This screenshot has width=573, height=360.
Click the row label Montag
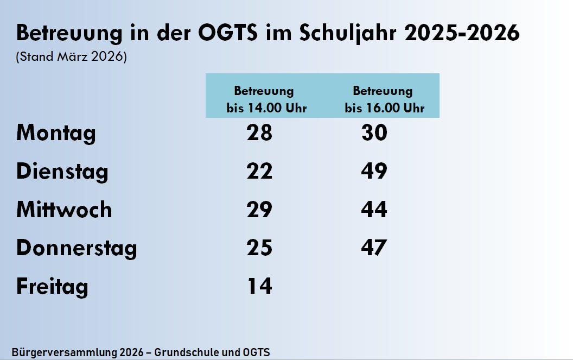point(56,133)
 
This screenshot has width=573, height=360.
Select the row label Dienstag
point(62,172)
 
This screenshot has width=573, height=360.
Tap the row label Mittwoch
point(64,210)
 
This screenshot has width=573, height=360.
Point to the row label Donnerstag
point(77,248)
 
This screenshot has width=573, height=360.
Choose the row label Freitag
point(52,287)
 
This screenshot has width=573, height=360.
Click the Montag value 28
point(259,133)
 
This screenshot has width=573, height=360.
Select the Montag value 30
point(374,133)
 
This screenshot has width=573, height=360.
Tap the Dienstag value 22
point(259,172)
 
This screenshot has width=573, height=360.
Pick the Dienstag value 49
point(374,172)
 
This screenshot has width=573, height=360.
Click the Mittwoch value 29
point(259,210)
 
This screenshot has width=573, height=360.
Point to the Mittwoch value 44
point(374,210)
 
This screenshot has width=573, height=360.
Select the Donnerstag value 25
point(259,248)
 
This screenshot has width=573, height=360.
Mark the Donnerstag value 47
point(374,248)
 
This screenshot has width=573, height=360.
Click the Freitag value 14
point(259,286)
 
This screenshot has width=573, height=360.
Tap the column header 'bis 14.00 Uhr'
point(266,108)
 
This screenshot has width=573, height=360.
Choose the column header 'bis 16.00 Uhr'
point(385,108)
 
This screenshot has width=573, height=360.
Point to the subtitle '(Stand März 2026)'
point(72,57)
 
